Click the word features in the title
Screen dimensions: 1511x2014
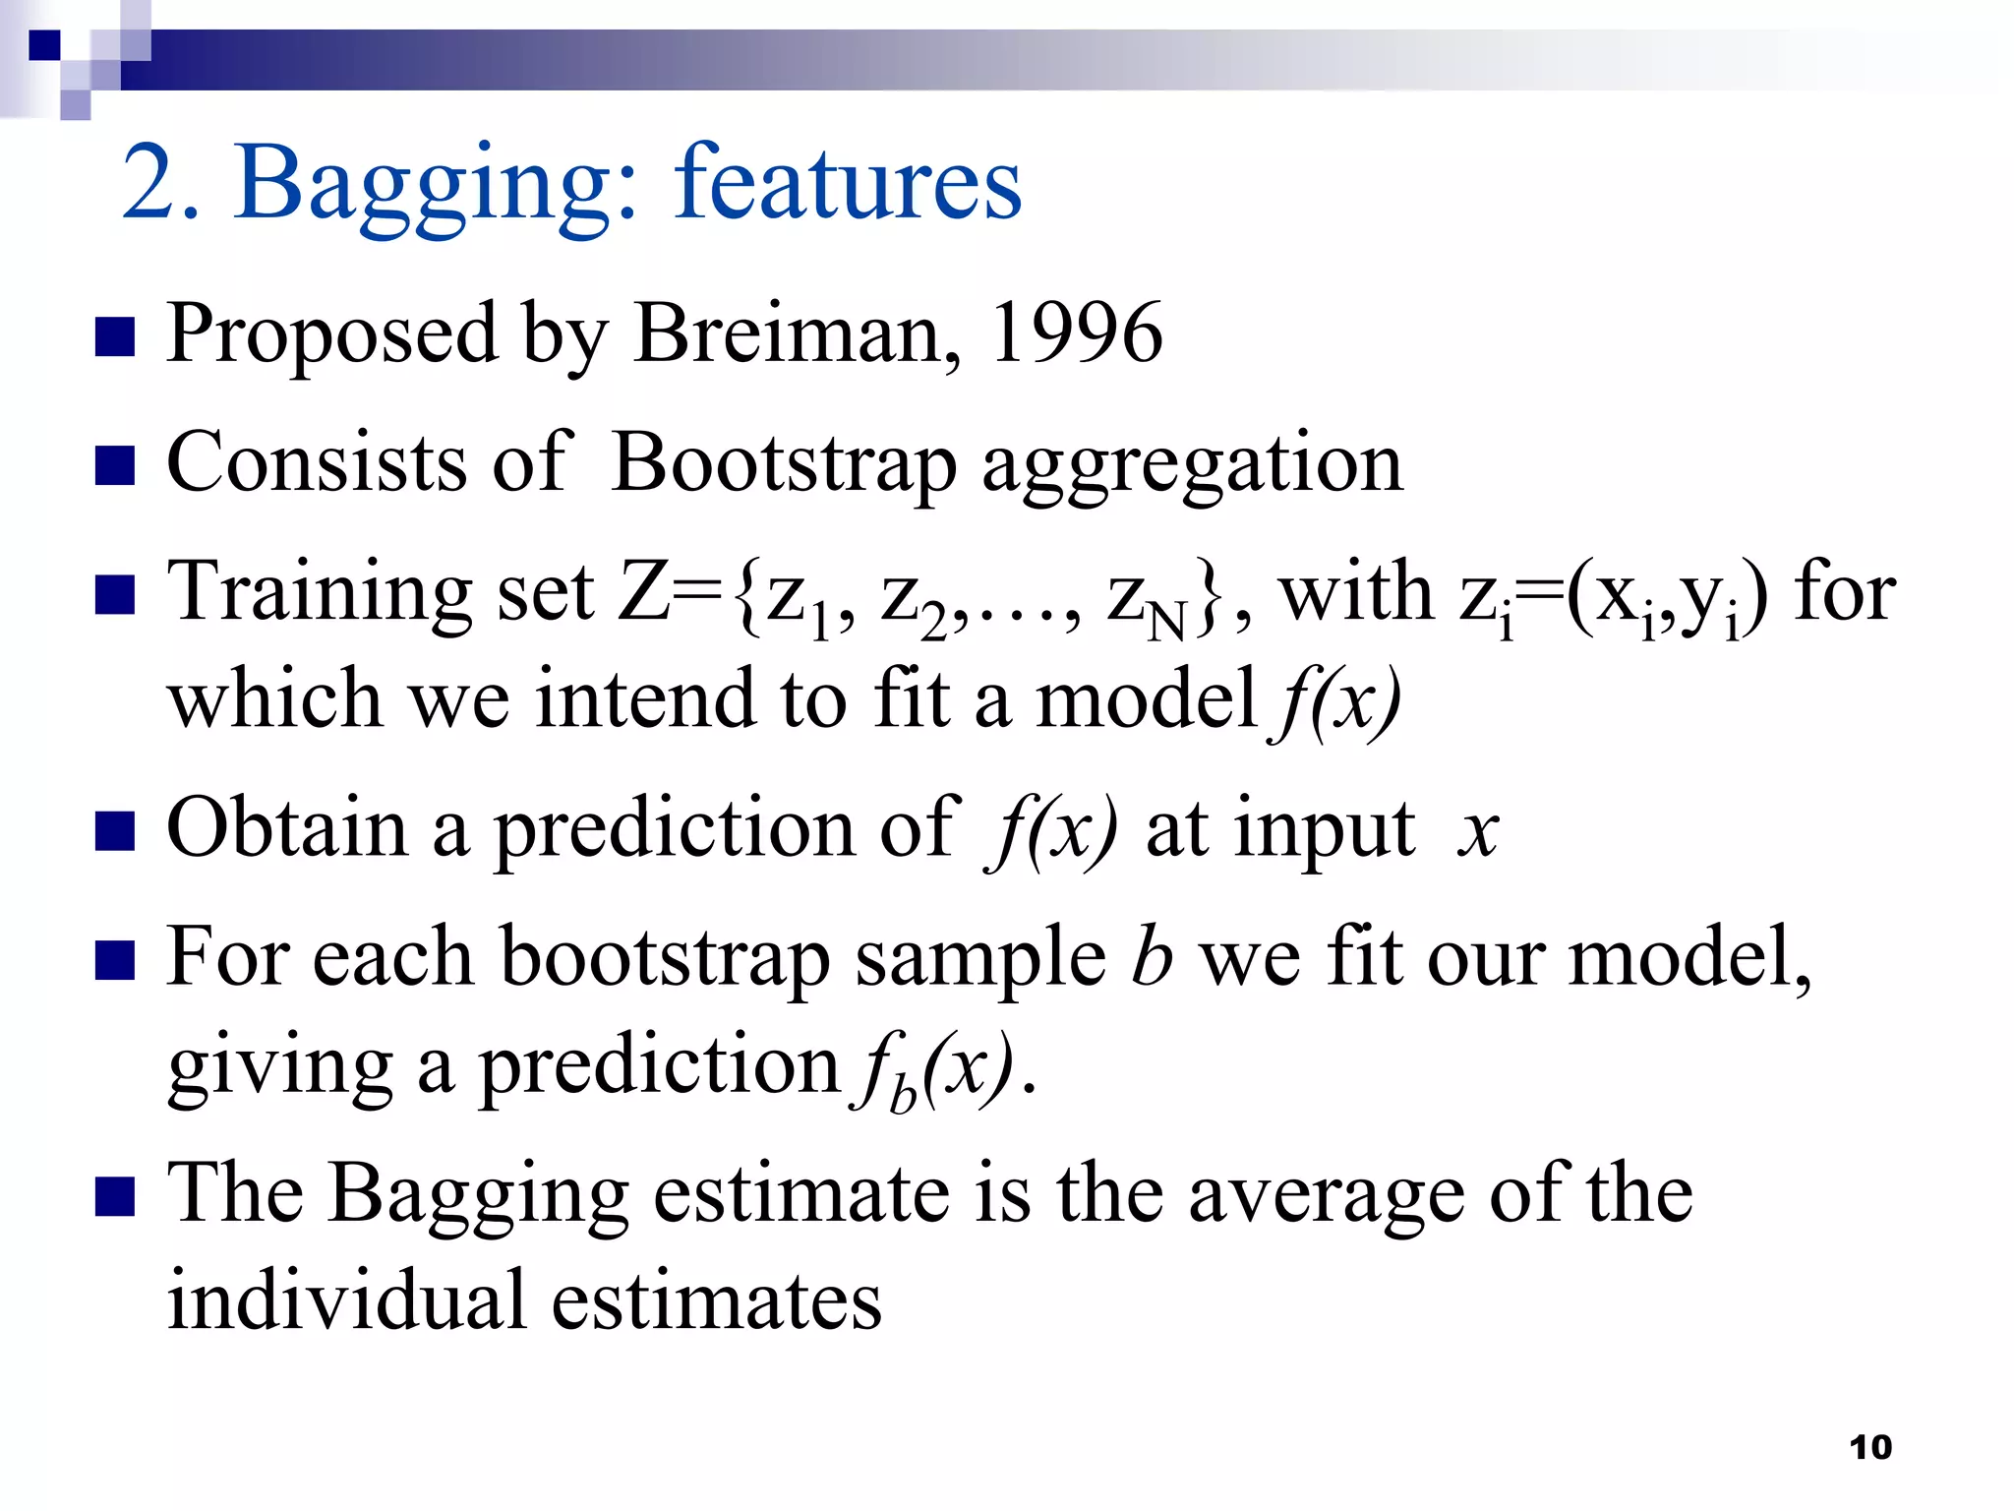click(848, 182)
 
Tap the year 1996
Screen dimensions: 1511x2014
click(1076, 333)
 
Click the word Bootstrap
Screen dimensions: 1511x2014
click(784, 463)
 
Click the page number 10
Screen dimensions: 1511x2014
click(1869, 1447)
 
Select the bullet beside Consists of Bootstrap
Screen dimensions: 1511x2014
click(115, 466)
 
